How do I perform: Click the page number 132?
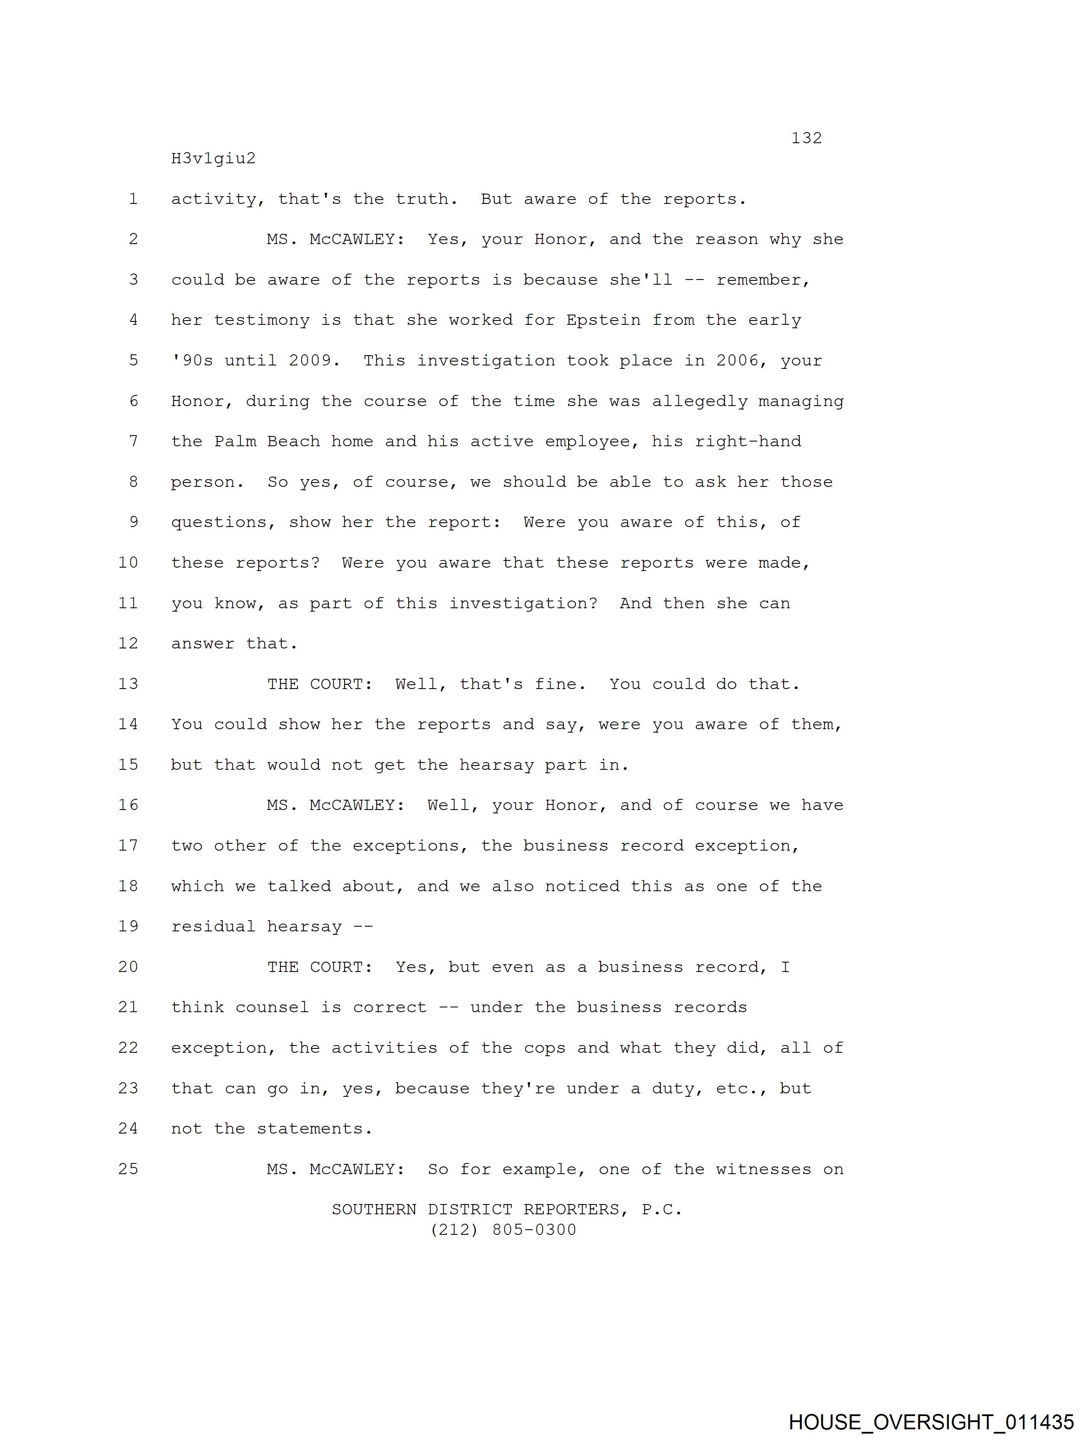point(806,138)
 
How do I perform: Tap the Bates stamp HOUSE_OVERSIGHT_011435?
point(931,1422)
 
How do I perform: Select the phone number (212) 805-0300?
point(504,1230)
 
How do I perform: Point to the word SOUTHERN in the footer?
point(374,1210)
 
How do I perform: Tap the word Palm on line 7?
point(234,442)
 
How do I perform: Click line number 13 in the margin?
point(128,684)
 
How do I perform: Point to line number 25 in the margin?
point(128,1169)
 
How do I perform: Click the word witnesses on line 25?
point(763,1169)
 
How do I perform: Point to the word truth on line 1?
point(423,199)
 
